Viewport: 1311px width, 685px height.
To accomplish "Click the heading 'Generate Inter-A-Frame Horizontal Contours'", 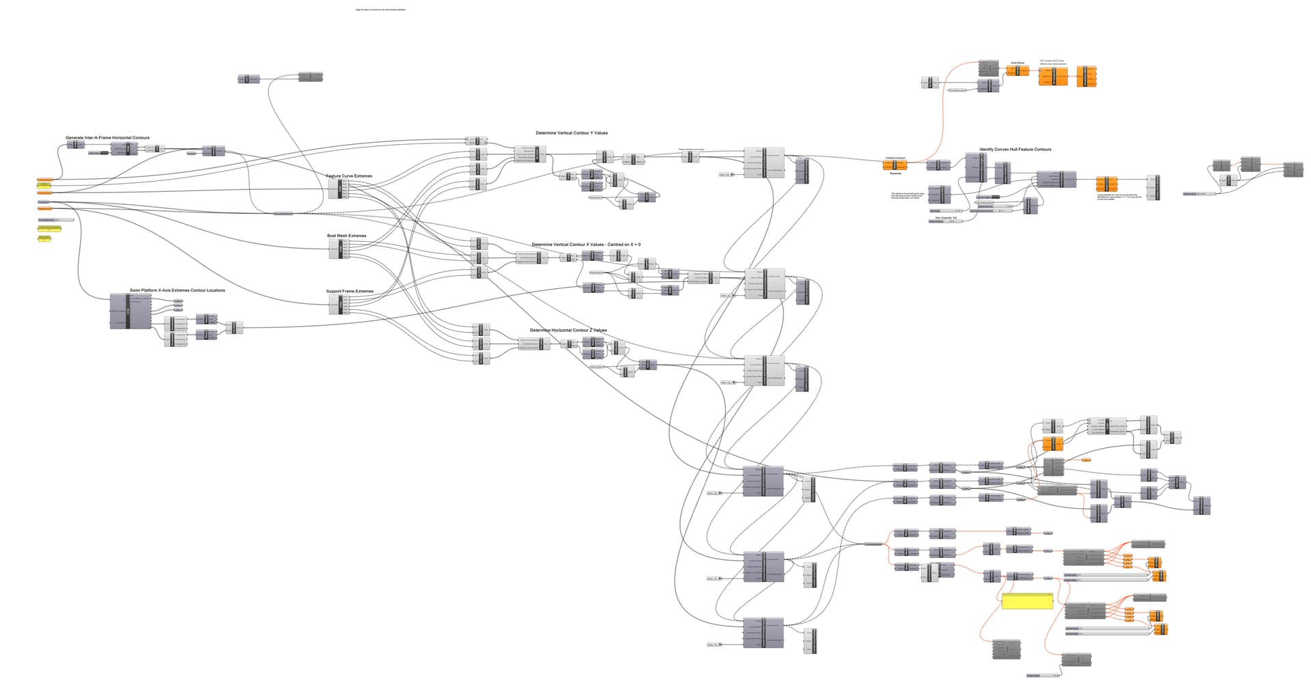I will coord(107,138).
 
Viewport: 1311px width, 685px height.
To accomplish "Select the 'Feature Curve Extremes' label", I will coord(349,176).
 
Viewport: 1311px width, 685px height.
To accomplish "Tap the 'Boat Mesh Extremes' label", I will coord(346,236).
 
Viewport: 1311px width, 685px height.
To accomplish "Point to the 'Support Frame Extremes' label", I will coord(350,292).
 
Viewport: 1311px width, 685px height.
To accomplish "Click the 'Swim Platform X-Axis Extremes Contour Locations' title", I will coord(177,290).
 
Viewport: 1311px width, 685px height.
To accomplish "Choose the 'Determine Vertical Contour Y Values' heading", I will coord(572,133).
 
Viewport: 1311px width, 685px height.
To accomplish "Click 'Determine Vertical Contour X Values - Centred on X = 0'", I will coord(586,244).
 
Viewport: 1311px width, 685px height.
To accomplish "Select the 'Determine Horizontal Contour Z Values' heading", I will coord(568,331).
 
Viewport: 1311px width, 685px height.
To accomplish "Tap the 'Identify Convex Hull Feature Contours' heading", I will coord(1015,150).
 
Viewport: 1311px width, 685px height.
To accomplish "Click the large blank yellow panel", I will coord(1028,601).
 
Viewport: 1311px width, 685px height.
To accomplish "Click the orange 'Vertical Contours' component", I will coord(895,165).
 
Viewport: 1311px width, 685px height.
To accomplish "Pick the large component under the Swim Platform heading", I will coord(130,312).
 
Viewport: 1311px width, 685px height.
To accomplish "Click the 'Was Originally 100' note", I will coord(946,218).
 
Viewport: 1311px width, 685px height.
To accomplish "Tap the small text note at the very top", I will coord(380,10).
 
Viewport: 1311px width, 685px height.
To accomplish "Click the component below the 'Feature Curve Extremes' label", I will coord(339,189).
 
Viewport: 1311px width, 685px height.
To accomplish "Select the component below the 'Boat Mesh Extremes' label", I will coord(339,249).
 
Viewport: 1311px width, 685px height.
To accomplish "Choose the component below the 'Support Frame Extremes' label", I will coord(339,305).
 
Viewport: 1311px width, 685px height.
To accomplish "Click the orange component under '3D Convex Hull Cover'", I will coord(1053,76).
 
